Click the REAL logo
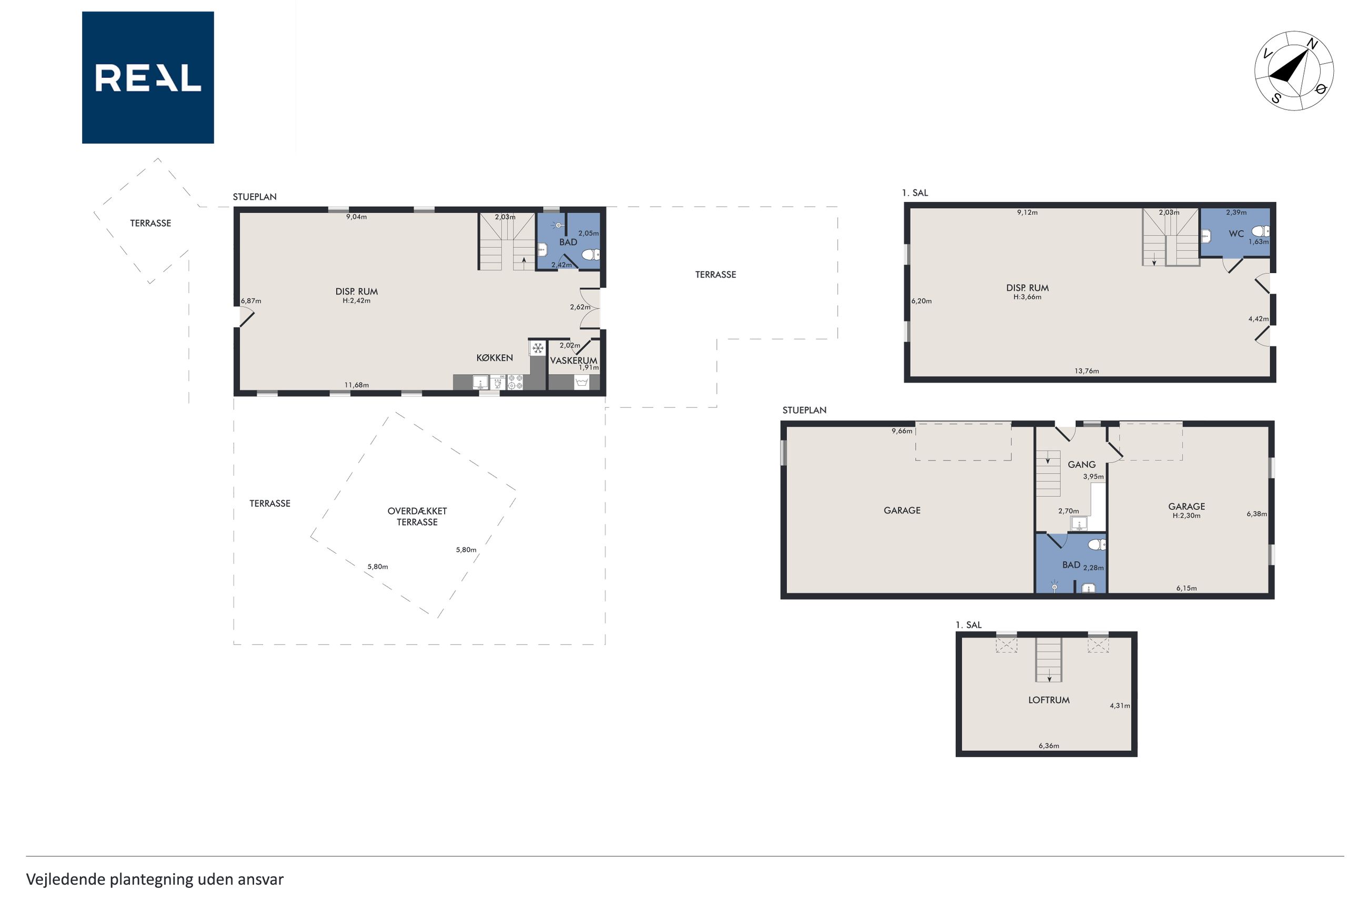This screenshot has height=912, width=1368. (x=148, y=77)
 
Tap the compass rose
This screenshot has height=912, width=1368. (x=1294, y=71)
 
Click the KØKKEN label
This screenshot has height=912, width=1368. (x=494, y=358)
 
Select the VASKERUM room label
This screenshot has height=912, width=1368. (x=574, y=360)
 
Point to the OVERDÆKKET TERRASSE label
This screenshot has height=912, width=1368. (x=417, y=516)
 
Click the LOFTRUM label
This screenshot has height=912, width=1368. (x=1048, y=700)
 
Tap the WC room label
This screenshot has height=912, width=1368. (x=1236, y=234)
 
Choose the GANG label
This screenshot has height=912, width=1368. (x=1081, y=464)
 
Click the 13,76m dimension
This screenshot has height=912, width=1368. (x=1086, y=371)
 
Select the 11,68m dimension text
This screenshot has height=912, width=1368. (x=356, y=385)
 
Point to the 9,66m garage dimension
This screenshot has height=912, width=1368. (x=902, y=431)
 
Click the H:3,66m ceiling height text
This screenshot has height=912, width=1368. (x=1027, y=297)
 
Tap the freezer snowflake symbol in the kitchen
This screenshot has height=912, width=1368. (x=538, y=348)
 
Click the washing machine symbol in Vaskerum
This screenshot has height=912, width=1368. (x=581, y=382)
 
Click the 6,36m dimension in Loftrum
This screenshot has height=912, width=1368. (x=1048, y=746)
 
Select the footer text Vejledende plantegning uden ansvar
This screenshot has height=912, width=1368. (x=155, y=879)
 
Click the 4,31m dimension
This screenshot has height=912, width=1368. (x=1119, y=706)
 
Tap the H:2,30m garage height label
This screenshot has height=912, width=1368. (x=1186, y=515)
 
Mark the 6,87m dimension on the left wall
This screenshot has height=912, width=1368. (x=251, y=300)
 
